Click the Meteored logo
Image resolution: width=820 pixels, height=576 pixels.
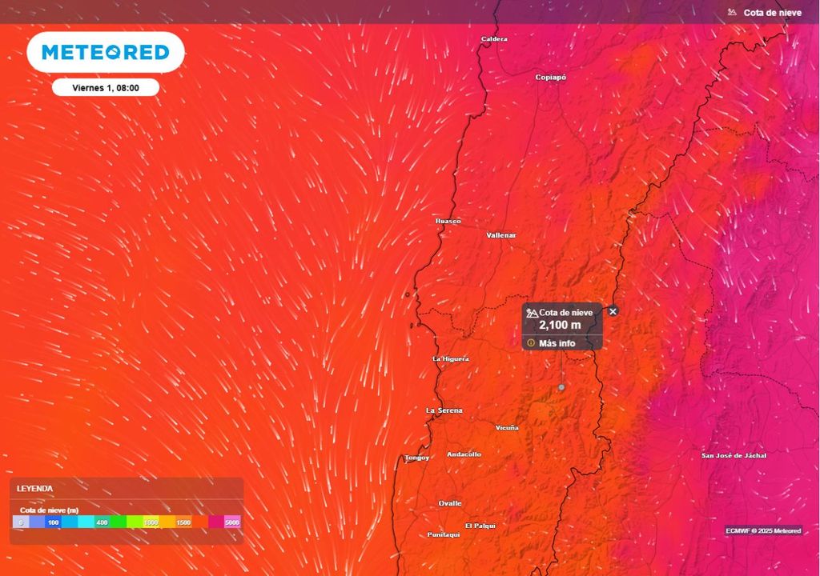tap(106, 53)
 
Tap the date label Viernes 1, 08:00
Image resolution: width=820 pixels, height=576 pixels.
tap(106, 88)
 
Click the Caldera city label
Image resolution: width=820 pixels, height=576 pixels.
tap(494, 38)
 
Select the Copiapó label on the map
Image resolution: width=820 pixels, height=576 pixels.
tap(550, 77)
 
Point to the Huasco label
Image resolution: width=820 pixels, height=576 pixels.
tap(448, 221)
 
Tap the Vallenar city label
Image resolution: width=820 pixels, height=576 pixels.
tap(501, 235)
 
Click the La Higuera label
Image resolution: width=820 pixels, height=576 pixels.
tap(450, 358)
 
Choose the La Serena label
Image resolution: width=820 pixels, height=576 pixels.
tap(444, 410)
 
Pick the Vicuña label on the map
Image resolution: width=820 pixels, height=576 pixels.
tap(507, 428)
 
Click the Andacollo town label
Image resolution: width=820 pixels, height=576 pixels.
tap(464, 454)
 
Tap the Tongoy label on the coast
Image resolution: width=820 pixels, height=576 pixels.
tap(416, 458)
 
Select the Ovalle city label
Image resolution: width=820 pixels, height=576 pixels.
tap(450, 503)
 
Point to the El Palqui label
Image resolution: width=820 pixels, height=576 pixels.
tap(480, 526)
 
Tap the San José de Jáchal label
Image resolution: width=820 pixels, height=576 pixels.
tap(734, 455)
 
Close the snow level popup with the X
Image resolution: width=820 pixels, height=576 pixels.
tap(613, 311)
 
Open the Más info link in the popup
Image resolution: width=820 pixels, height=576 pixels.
tap(557, 343)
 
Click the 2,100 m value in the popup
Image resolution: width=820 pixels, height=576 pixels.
tap(560, 326)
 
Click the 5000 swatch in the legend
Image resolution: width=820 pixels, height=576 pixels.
tap(232, 522)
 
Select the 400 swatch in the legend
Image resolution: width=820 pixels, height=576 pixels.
tap(102, 522)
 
